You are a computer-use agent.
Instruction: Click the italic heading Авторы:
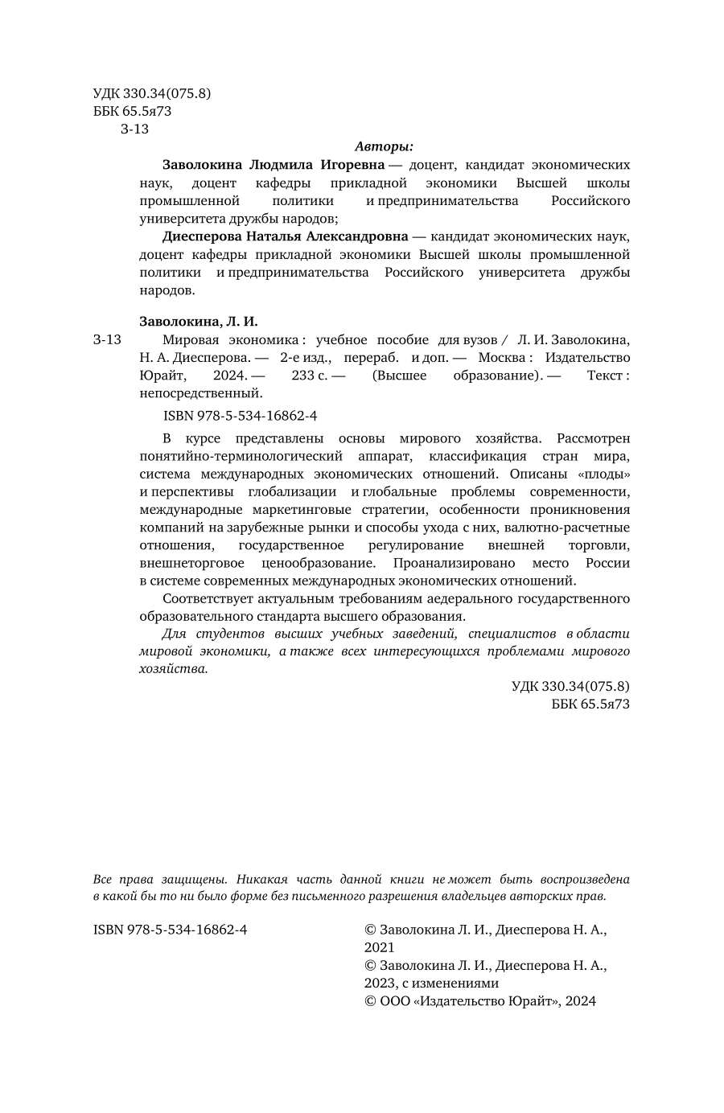coord(384,146)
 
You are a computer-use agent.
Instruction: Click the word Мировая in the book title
coord(190,339)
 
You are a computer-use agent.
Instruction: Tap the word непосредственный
coord(201,393)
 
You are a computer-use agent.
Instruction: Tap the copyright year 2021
coord(380,947)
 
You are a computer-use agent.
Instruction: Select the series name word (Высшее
coord(399,376)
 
